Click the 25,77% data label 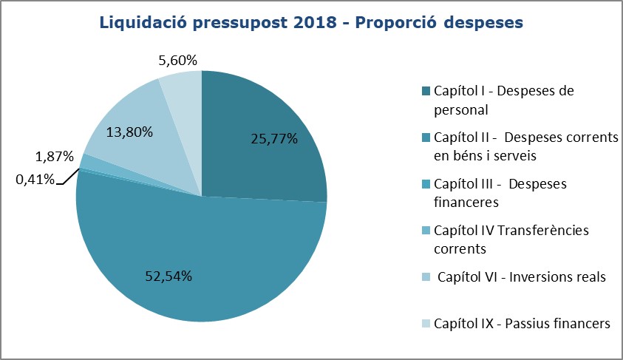point(273,137)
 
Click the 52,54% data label point(168,276)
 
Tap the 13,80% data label point(129,132)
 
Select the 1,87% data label point(54,156)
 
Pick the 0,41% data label point(35,178)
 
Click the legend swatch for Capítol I point(426,91)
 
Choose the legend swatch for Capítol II point(426,137)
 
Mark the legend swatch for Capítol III point(426,184)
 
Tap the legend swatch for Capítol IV point(426,231)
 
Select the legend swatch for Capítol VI point(426,277)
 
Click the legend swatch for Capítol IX point(426,324)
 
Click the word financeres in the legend point(466,201)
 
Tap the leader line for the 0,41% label point(67,175)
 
